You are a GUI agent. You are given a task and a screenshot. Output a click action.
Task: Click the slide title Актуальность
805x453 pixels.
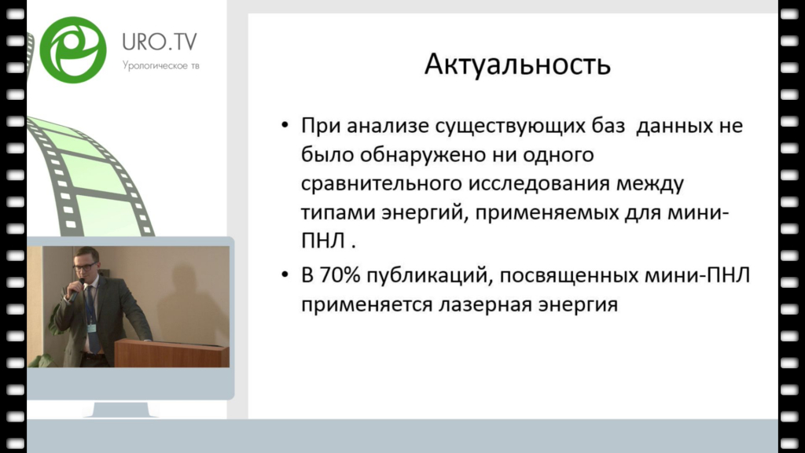click(517, 64)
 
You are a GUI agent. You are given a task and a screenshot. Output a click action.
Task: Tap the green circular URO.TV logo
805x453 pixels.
click(73, 50)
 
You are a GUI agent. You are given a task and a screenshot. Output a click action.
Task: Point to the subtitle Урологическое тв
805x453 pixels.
click(160, 66)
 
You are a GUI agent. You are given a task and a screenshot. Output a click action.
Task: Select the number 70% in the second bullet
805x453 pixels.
click(340, 275)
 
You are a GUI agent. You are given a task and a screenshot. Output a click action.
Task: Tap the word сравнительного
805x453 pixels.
click(381, 184)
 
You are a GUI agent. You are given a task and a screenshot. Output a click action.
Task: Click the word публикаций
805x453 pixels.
click(430, 276)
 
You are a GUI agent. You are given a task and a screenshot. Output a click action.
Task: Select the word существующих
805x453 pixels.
click(509, 127)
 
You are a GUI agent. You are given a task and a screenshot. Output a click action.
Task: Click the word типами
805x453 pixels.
click(338, 212)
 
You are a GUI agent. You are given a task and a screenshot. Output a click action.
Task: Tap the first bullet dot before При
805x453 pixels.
click(285, 125)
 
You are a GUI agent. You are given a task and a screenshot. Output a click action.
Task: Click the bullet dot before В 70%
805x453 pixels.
click(285, 275)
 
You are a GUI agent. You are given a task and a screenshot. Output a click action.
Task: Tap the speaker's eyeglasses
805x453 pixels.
click(85, 266)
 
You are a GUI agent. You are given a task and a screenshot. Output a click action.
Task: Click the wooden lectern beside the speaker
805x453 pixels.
click(171, 353)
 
